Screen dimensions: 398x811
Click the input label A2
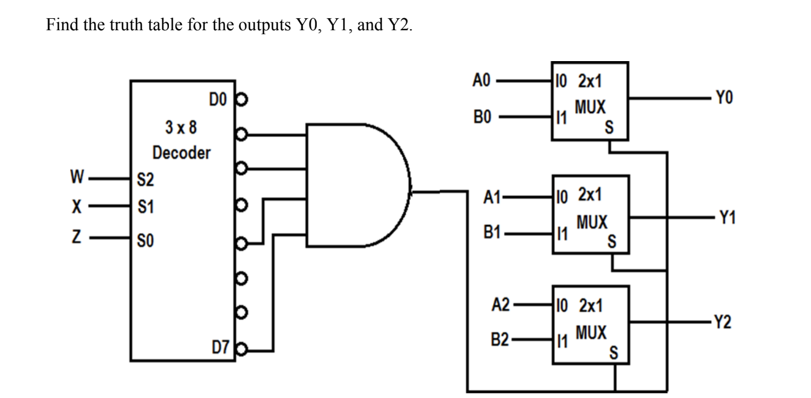[x=499, y=305]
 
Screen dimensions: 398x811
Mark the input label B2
[x=499, y=341]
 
